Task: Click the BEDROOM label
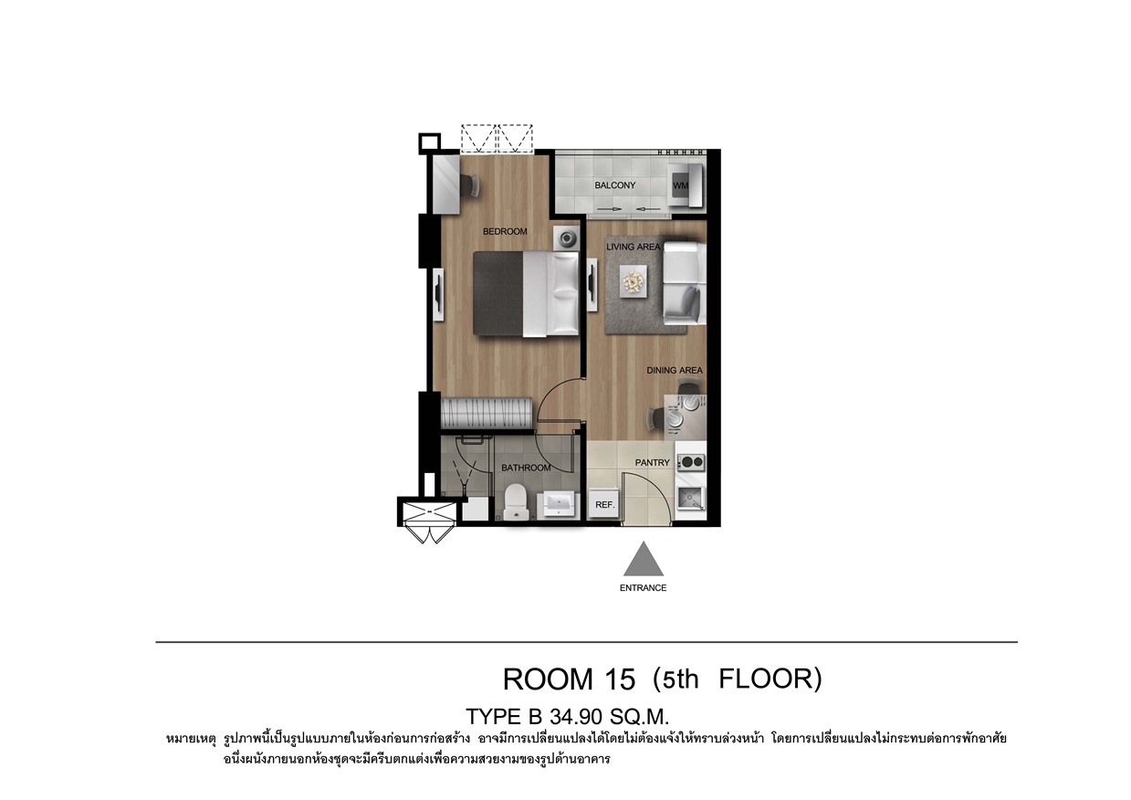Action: (x=505, y=232)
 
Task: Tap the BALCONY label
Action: (x=615, y=185)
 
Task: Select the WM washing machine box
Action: (x=680, y=186)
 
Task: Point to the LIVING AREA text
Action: (x=634, y=247)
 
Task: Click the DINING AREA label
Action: (x=675, y=370)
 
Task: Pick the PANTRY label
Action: (x=653, y=463)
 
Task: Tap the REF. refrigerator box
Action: (x=605, y=503)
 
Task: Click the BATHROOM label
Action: (x=526, y=468)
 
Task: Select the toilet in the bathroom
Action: (x=516, y=501)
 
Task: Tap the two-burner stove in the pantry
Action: (x=692, y=461)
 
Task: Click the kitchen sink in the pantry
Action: (x=691, y=500)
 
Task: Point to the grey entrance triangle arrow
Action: (x=644, y=559)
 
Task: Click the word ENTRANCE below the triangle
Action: (x=644, y=588)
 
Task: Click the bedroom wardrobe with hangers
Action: (x=487, y=413)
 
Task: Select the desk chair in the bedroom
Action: (x=117, y=187)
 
